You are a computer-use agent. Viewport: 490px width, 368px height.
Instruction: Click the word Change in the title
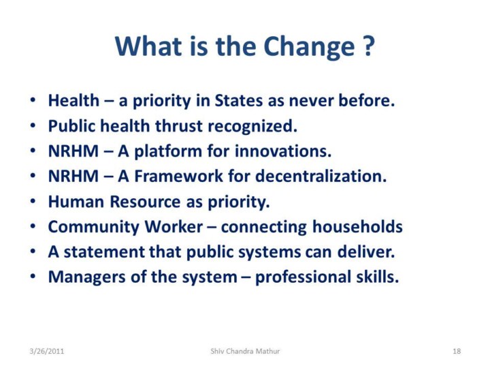pyautogui.click(x=309, y=47)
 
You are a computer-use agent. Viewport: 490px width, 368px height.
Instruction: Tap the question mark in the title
pyautogui.click(x=369, y=46)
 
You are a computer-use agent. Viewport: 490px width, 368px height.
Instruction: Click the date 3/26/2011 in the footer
pyautogui.click(x=46, y=351)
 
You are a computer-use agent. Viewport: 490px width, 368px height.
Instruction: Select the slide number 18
pyautogui.click(x=457, y=351)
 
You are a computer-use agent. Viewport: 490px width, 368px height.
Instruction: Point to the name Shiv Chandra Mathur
pyautogui.click(x=245, y=351)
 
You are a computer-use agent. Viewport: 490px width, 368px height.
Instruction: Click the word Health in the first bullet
pyautogui.click(x=73, y=101)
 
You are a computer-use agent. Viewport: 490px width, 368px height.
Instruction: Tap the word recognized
pyautogui.click(x=252, y=127)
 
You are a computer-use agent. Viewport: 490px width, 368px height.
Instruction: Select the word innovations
pyautogui.click(x=283, y=151)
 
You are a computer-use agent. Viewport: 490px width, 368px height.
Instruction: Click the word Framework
pyautogui.click(x=178, y=177)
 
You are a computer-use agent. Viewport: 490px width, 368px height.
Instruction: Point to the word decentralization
pyautogui.click(x=321, y=177)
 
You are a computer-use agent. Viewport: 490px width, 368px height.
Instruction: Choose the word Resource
pyautogui.click(x=145, y=202)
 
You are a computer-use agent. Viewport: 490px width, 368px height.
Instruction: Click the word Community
pyautogui.click(x=93, y=227)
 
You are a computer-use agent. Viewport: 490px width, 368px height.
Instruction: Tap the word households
pyautogui.click(x=357, y=226)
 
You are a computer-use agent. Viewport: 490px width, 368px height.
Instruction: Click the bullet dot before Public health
pyautogui.click(x=33, y=126)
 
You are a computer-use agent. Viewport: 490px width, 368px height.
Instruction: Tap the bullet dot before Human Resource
pyautogui.click(x=33, y=201)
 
